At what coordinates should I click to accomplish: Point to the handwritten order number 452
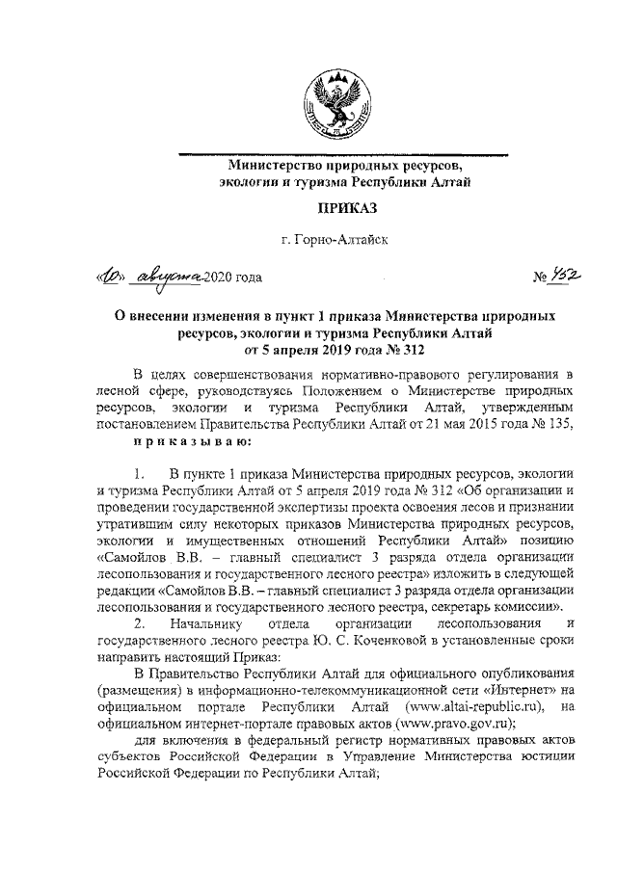565,278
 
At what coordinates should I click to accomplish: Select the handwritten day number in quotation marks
114,278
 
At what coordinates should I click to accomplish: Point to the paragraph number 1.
141,473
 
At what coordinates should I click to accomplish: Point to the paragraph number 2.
141,626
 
